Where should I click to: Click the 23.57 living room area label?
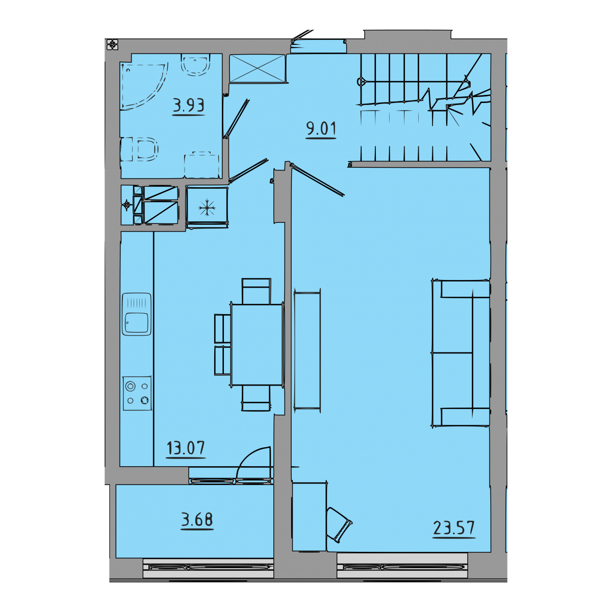point(454,528)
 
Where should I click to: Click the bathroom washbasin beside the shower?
point(196,65)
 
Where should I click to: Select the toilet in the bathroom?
point(139,149)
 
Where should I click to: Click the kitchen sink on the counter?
point(137,314)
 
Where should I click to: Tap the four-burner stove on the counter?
point(137,393)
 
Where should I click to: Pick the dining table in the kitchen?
point(257,345)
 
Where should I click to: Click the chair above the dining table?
point(256,291)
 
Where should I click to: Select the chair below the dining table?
point(256,398)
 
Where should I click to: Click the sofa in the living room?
point(461,352)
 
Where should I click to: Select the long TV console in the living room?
point(307,350)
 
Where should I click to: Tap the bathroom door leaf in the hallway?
point(236,119)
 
